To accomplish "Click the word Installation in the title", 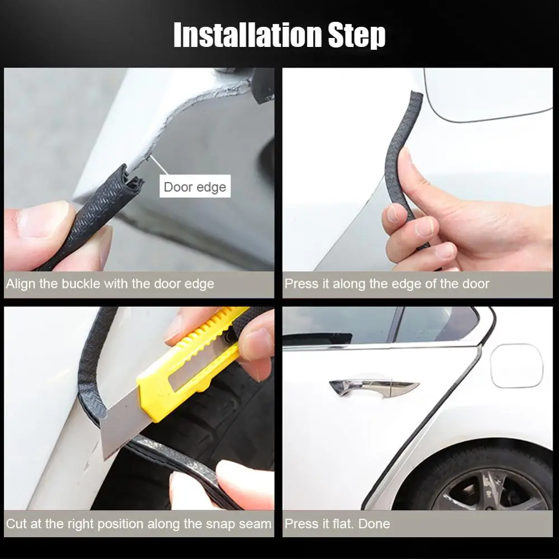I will (246, 35).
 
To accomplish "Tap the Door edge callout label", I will (195, 187).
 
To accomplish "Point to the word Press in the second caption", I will (301, 284).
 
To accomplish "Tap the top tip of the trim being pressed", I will (415, 96).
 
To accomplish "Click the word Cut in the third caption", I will (16, 524).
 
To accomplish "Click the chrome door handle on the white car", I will (373, 386).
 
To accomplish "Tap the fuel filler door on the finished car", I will (516, 366).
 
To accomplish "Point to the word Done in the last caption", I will (374, 524).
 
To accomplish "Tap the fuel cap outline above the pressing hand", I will (486, 95).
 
